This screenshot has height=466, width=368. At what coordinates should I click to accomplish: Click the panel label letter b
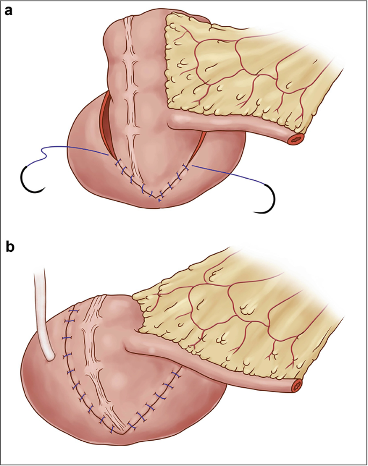tap(9, 248)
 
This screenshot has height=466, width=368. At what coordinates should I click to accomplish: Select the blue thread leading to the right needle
tap(231, 175)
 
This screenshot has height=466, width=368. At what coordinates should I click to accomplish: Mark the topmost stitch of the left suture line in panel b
tap(74, 312)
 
